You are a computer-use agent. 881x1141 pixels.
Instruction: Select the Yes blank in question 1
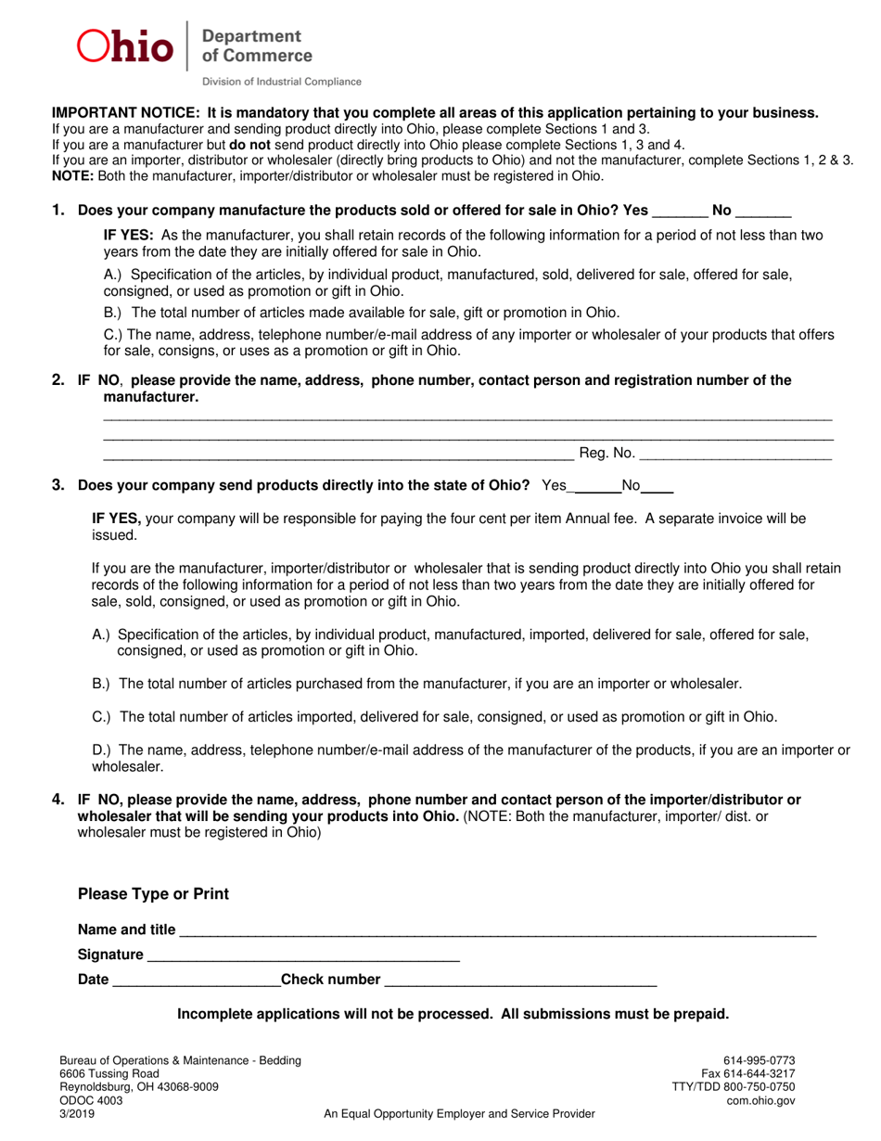tap(680, 212)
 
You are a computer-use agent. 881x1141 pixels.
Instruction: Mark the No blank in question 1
tap(763, 212)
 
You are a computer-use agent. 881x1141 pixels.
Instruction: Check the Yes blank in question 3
tap(597, 487)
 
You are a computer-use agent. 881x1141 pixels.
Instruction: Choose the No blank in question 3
tap(658, 487)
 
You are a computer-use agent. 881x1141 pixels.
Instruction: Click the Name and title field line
tap(497, 932)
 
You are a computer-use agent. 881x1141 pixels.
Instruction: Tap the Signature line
tap(303, 956)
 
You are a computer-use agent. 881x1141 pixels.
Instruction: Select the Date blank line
tap(195, 981)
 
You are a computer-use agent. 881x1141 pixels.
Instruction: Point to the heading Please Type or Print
tap(153, 894)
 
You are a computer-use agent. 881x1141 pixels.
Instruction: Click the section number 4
tap(58, 799)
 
